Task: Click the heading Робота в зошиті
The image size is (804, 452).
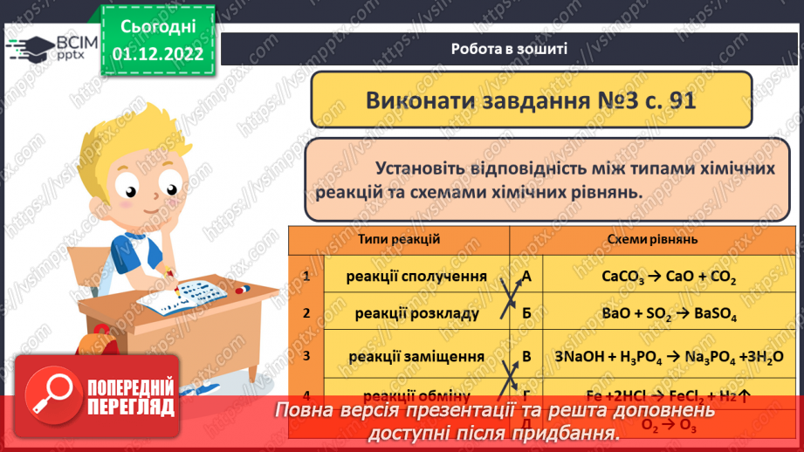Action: [510, 49]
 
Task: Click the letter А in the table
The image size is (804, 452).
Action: [526, 277]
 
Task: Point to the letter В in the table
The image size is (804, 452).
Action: [526, 356]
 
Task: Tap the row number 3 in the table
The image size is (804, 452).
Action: [306, 355]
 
